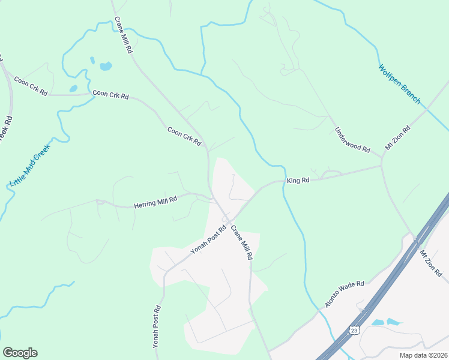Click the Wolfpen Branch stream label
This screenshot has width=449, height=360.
[x=399, y=84]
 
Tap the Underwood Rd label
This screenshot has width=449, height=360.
[x=352, y=140]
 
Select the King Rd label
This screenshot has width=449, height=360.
[x=298, y=180]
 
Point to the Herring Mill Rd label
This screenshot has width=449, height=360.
[x=155, y=202]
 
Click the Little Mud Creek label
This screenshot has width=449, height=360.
[x=30, y=164]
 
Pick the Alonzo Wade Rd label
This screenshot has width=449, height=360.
[x=345, y=295]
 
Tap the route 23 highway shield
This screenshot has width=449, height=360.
[x=355, y=330]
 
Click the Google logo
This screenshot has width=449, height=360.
[x=20, y=353]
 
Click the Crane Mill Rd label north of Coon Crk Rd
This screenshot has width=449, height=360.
[x=122, y=36]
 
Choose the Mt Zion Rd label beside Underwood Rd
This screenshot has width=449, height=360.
[x=397, y=138]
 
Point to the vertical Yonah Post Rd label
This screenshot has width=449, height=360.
[x=156, y=328]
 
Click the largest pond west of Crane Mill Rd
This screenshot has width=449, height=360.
[x=106, y=66]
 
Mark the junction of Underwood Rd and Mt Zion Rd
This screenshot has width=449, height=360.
[x=382, y=158]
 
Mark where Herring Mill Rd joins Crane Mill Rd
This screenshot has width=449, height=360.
[x=212, y=197]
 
